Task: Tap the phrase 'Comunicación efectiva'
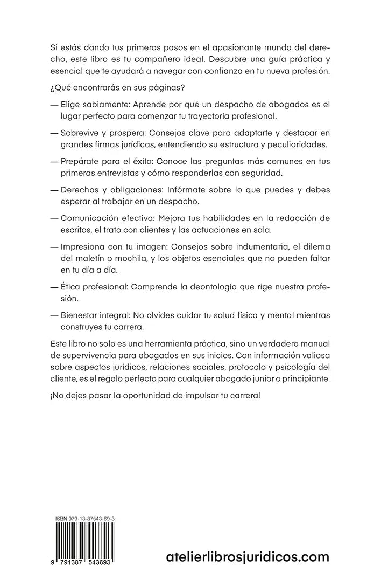pyautogui.click(x=106, y=218)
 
